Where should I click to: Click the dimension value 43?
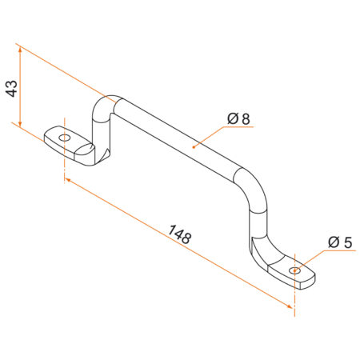[11, 88]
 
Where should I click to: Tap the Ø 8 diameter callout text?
[239, 119]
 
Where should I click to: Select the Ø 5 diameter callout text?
[340, 242]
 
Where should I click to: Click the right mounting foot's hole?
[297, 270]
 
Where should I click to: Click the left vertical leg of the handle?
[104, 132]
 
